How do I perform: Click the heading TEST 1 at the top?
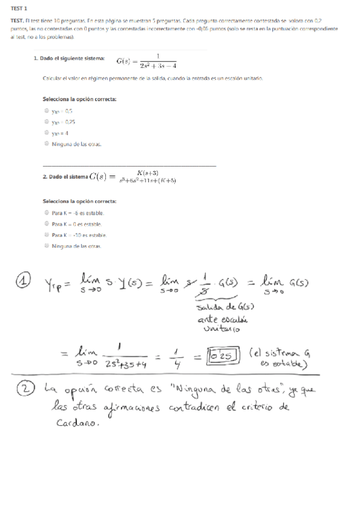(x=20, y=8)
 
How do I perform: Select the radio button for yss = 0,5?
(x=47, y=111)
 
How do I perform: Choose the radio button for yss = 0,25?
(x=47, y=122)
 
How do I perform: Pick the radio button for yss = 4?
(x=47, y=133)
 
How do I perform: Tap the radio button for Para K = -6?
(x=47, y=213)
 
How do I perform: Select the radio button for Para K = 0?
(x=47, y=224)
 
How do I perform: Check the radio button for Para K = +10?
(x=47, y=235)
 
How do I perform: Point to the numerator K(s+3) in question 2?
(x=147, y=172)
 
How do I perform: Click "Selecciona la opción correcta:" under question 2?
(x=79, y=201)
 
